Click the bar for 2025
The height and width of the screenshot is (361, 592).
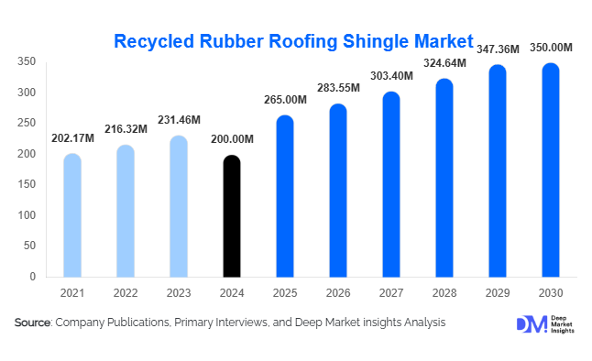(285, 196)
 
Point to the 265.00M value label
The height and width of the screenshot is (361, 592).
(285, 99)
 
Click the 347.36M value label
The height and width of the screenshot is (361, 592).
(497, 49)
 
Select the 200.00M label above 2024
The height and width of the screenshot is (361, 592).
(232, 139)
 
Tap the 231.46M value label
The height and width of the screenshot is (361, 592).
(179, 120)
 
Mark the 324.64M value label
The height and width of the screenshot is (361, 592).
(444, 62)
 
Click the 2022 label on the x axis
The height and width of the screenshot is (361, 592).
(126, 292)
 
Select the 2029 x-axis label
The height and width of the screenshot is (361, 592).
(497, 292)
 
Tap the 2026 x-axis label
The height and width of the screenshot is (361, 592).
(338, 292)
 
